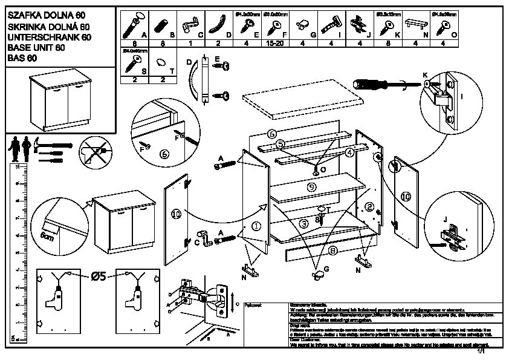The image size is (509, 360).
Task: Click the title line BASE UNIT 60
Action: pyautogui.click(x=35, y=48)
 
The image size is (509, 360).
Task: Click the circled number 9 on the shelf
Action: pyautogui.click(x=311, y=188)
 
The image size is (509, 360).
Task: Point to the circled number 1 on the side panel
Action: pyautogui.click(x=256, y=226)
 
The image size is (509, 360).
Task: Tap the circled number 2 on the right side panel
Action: pyautogui.click(x=369, y=207)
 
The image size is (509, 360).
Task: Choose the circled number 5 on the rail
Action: pyautogui.click(x=281, y=145)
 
